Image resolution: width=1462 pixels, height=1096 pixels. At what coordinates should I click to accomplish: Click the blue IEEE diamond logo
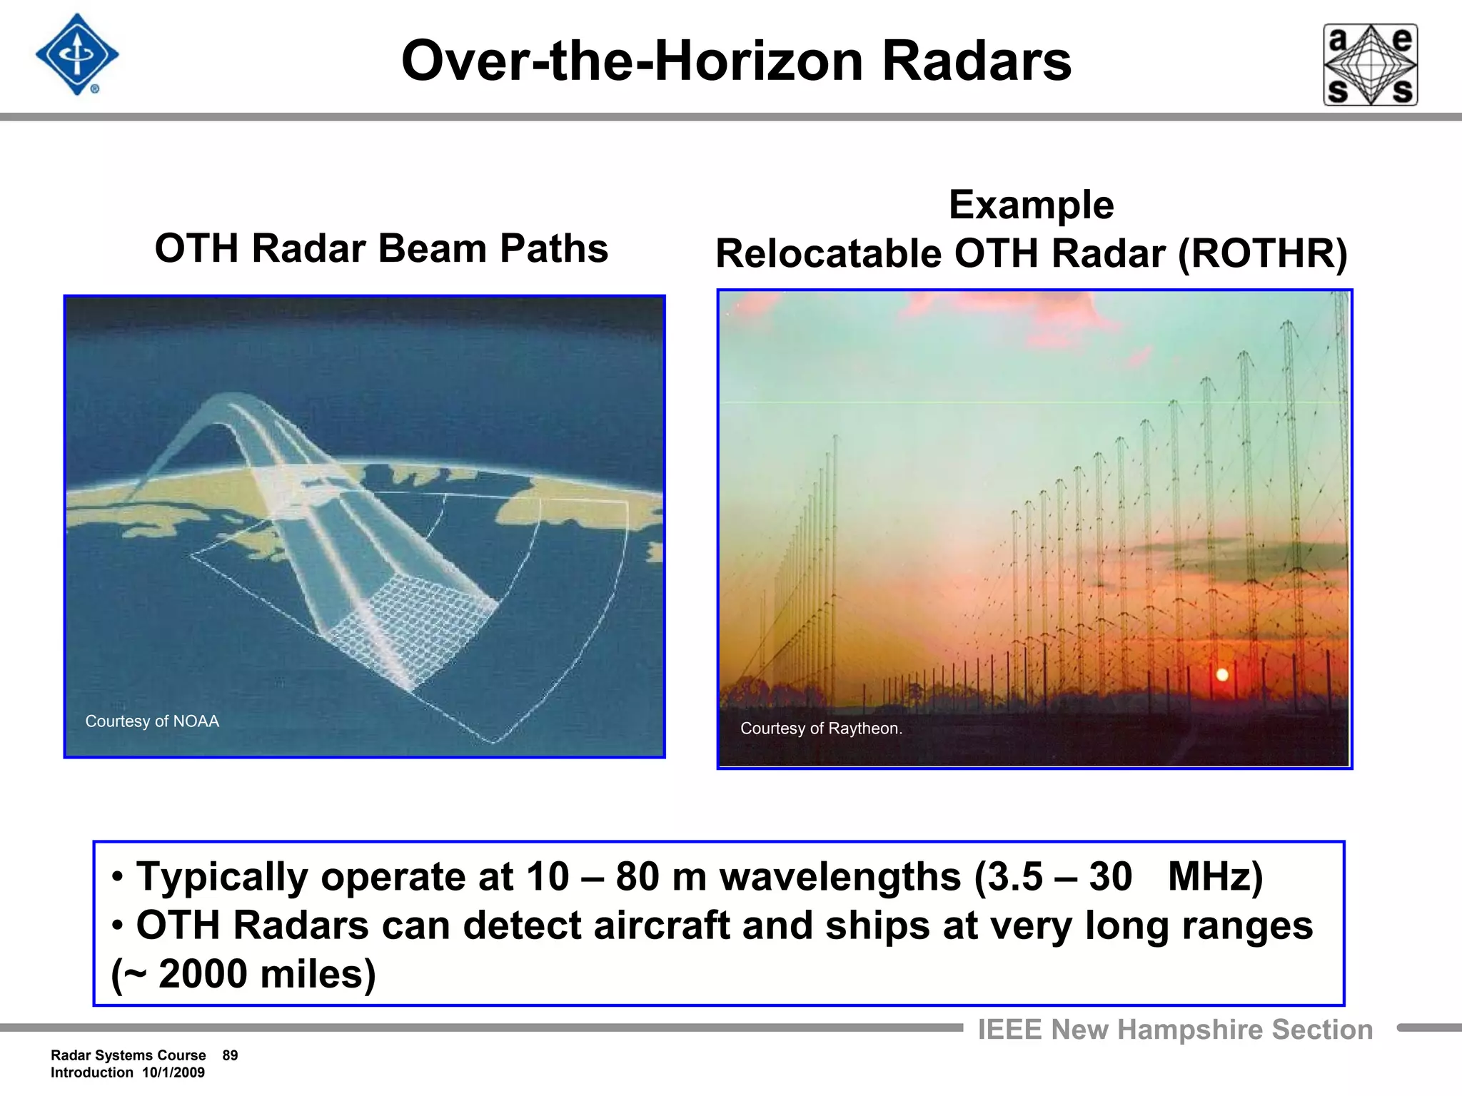pyautogui.click(x=77, y=55)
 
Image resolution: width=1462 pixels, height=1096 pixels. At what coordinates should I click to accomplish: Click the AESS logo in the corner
pyautogui.click(x=1370, y=65)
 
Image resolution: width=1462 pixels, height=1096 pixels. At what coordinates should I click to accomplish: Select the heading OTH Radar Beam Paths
pyautogui.click(x=381, y=248)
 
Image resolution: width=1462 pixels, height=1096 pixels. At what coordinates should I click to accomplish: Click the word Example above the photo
pyautogui.click(x=1031, y=205)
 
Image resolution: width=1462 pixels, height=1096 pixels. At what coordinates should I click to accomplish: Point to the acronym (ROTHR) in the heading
pyautogui.click(x=1262, y=254)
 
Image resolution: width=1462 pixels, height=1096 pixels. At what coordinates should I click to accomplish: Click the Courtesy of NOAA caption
pyautogui.click(x=152, y=721)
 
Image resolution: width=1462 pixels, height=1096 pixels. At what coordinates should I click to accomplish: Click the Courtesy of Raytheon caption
pyautogui.click(x=821, y=729)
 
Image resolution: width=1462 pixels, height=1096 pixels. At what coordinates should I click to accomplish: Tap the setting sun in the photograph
pyautogui.click(x=1221, y=674)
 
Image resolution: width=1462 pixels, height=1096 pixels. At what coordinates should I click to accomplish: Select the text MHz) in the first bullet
pyautogui.click(x=1215, y=876)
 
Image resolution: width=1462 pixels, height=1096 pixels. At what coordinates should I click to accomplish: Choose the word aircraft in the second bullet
pyautogui.click(x=661, y=925)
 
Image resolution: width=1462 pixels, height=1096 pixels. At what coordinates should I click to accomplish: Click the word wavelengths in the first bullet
pyautogui.click(x=840, y=876)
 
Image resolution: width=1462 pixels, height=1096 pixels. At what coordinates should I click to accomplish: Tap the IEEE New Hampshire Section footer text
pyautogui.click(x=1175, y=1030)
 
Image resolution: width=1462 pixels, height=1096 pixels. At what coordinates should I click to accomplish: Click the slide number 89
pyautogui.click(x=230, y=1055)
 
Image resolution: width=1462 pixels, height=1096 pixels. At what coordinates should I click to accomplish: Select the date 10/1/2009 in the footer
pyautogui.click(x=173, y=1072)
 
